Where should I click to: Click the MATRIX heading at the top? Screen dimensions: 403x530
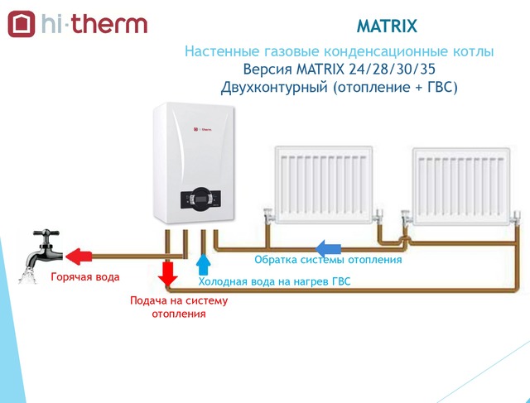pos(387,25)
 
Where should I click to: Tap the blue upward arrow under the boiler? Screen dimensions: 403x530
pos(202,265)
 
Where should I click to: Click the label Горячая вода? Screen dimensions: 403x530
pos(85,276)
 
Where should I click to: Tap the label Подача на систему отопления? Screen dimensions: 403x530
pos(178,307)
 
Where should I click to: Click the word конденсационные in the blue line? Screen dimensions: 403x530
pos(357,51)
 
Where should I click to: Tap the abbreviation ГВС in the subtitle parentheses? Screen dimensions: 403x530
pos(437,86)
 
